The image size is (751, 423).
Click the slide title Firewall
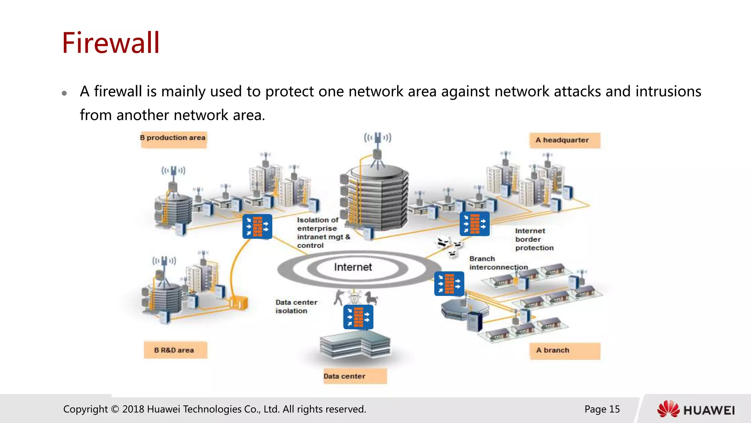click(x=111, y=43)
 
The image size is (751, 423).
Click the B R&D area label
click(x=175, y=350)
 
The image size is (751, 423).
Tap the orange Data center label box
click(x=355, y=376)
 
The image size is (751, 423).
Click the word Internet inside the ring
click(x=353, y=267)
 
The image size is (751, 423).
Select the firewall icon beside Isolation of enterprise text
click(x=257, y=226)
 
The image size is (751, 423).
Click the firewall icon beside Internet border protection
click(x=475, y=224)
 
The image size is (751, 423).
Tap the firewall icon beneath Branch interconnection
click(x=449, y=283)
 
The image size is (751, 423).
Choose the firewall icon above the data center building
click(x=358, y=317)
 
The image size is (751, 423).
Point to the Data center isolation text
click(x=296, y=306)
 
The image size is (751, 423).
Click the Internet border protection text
click(x=534, y=239)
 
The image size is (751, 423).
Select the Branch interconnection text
click(x=498, y=263)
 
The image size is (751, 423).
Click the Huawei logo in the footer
click(x=696, y=409)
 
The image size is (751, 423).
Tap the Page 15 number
click(x=602, y=409)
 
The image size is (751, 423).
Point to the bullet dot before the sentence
click(x=65, y=93)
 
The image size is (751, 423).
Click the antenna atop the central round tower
click(x=377, y=147)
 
